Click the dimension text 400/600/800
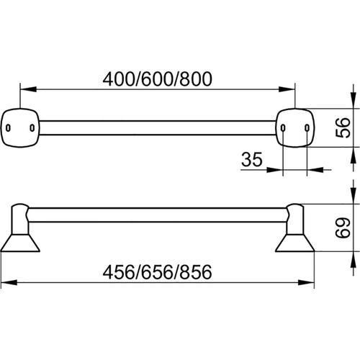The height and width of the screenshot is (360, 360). click(x=158, y=79)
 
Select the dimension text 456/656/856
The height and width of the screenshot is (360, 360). click(x=157, y=272)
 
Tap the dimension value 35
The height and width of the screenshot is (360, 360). click(x=252, y=159)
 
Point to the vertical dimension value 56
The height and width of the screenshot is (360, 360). click(x=343, y=127)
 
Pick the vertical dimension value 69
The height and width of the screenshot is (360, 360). click(x=343, y=228)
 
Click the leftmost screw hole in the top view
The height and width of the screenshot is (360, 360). click(x=8, y=128)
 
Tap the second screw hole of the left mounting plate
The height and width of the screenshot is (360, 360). click(x=32, y=128)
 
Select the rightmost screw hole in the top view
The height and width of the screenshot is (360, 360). click(x=307, y=128)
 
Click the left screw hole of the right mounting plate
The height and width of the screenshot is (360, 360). click(x=283, y=128)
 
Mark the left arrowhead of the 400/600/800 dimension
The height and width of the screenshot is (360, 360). click(x=28, y=89)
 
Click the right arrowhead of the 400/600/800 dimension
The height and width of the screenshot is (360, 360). click(x=287, y=89)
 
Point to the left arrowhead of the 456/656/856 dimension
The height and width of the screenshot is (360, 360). click(x=9, y=282)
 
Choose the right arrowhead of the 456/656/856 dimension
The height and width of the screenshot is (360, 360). click(x=306, y=282)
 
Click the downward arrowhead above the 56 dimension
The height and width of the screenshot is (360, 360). click(x=354, y=101)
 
